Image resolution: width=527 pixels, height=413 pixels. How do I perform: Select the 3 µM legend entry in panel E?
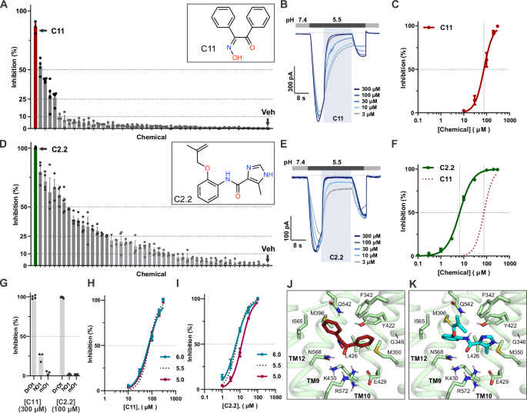[x=360, y=254]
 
